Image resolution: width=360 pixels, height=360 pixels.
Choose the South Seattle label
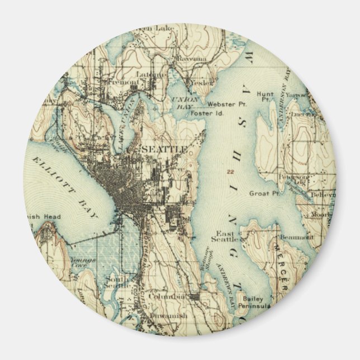(119, 282)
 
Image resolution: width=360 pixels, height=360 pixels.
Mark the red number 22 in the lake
(230, 172)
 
